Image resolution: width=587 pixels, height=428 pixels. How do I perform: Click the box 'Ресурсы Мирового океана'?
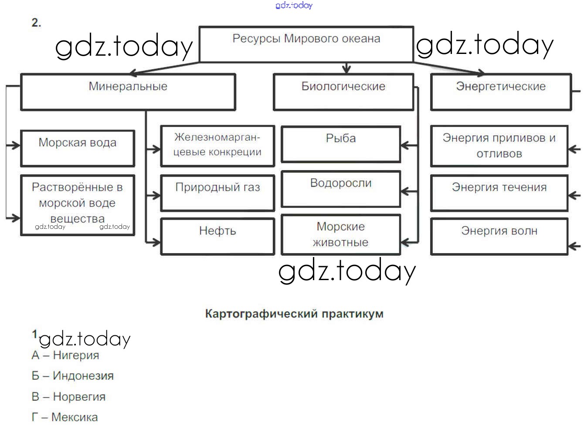pos(306,44)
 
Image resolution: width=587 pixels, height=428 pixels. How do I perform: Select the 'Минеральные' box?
pos(128,91)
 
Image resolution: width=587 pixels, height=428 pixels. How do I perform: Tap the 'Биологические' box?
pos(343,91)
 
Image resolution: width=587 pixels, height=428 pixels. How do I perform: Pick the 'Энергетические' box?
pos(500,91)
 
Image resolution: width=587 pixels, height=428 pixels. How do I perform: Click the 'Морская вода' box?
pos(77,147)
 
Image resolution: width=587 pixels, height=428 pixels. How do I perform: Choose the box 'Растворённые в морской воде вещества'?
pos(77,204)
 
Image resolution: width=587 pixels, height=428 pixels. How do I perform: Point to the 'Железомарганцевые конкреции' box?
pos(217,146)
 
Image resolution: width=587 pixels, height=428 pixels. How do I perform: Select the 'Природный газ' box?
pos(217,193)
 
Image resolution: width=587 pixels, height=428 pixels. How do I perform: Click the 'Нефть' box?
pos(217,236)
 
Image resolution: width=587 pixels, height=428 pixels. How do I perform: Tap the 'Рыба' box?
pos(340,144)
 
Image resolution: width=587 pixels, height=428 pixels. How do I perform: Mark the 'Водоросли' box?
pos(340,189)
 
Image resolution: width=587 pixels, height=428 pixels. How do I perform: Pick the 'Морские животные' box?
pos(340,234)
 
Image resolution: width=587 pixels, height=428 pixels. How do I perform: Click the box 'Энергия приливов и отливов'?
pos(499,146)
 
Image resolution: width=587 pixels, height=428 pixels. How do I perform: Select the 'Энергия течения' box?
pos(499,193)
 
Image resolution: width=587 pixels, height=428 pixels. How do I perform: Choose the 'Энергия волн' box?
pos(499,236)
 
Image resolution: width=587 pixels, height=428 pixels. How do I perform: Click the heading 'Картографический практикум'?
pos(294,314)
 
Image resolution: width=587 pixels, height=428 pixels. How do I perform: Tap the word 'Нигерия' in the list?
pos(76,355)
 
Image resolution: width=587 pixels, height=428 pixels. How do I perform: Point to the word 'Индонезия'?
pos(83,376)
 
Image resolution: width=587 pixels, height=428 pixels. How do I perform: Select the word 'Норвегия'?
pos(79,397)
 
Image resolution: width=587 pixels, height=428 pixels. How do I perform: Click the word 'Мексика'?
pos(75,417)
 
